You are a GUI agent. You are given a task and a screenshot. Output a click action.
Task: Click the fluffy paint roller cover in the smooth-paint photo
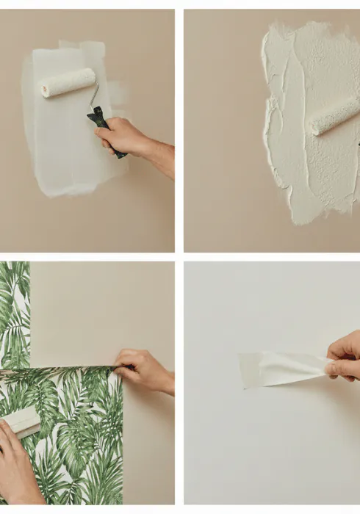click(68, 82)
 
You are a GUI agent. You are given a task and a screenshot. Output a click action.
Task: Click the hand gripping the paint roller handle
click(121, 136)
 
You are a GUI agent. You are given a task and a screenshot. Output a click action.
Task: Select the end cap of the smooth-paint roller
click(45, 90)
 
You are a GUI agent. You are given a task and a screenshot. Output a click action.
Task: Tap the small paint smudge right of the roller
click(117, 95)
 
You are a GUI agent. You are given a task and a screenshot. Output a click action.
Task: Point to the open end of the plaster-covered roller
click(314, 126)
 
